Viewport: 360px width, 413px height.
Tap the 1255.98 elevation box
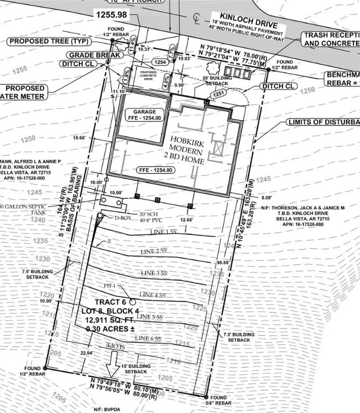pos(112,15)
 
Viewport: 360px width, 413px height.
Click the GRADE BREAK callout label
pos(89,55)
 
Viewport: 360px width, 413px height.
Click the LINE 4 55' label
pos(156,295)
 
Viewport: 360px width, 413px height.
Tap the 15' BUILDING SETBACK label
pos(136,369)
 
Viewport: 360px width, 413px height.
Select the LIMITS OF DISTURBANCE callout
pos(323,122)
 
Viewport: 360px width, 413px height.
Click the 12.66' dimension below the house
pos(187,220)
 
